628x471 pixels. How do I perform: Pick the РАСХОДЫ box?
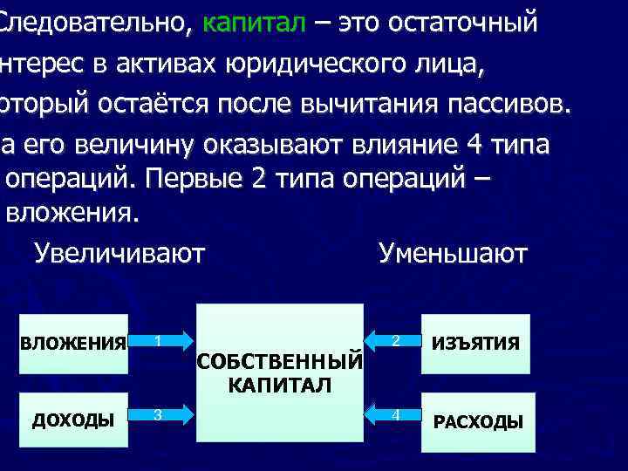[x=478, y=422]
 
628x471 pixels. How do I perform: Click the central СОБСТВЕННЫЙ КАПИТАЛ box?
[x=280, y=372]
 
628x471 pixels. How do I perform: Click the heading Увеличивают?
[x=119, y=254]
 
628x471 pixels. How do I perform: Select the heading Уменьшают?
[x=453, y=254]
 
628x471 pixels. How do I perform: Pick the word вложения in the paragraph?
[x=72, y=212]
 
